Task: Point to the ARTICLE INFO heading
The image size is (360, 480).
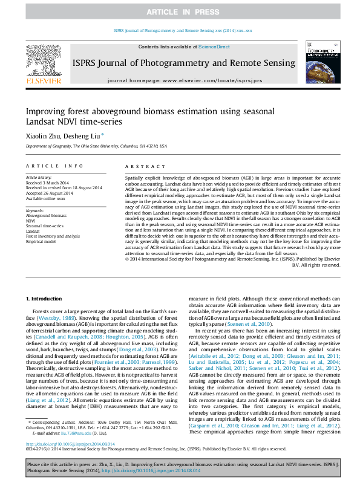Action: (54, 166)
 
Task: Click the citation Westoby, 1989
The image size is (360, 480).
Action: (57, 317)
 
